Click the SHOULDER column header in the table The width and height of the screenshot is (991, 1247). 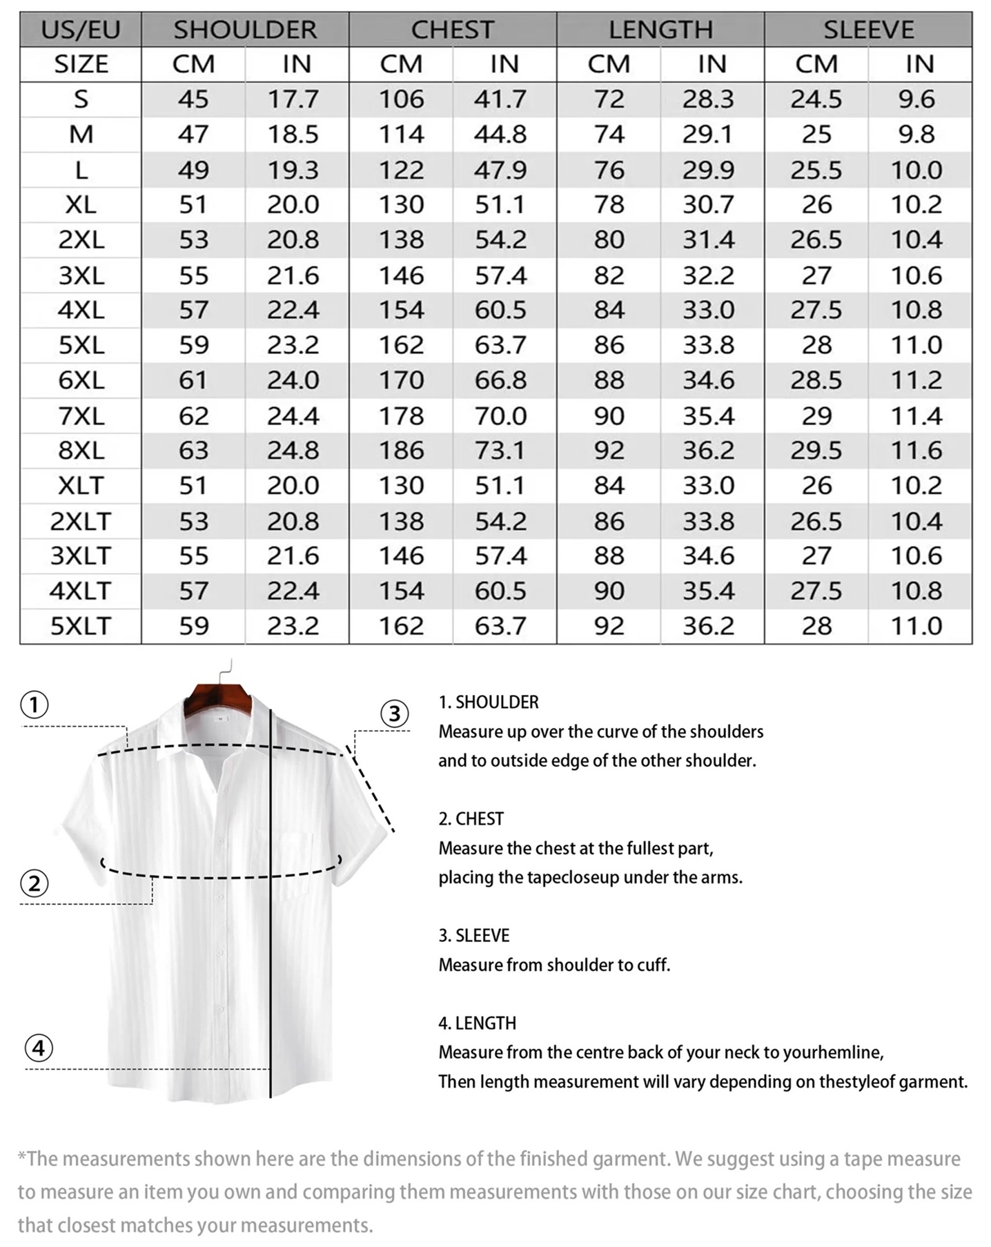245,30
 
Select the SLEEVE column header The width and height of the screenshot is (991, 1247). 868,30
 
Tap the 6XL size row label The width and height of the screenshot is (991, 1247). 81,380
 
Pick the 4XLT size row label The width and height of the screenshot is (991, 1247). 80,591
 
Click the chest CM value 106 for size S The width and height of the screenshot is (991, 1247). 401,99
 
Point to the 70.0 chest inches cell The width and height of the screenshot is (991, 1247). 500,416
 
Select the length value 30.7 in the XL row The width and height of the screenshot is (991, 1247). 708,205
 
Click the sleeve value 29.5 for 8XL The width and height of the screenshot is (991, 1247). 816,451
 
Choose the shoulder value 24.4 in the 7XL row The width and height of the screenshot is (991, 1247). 293,416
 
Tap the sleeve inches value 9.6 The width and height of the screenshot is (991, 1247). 916,99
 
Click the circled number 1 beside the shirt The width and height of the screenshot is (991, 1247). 35,705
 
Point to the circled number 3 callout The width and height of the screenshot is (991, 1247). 395,714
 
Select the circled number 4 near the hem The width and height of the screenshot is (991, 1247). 39,1048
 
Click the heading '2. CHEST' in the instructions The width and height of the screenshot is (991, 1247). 471,819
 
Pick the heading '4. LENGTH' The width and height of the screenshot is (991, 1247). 477,1023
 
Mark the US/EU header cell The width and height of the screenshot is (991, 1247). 81,30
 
